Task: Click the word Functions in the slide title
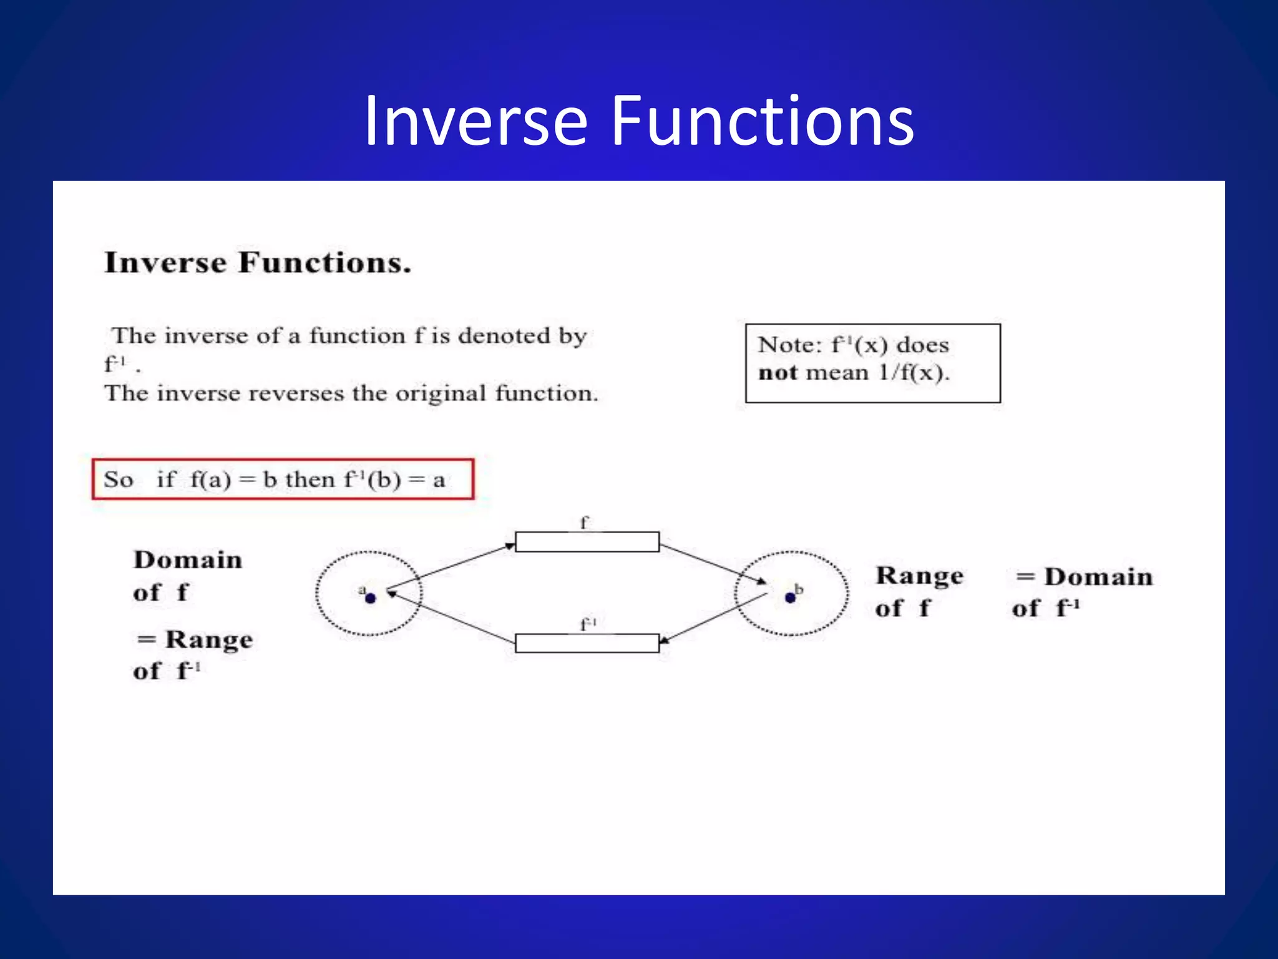tap(762, 122)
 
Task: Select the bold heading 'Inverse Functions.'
tap(258, 263)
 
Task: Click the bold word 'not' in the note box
tap(778, 373)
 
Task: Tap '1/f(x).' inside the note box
tap(914, 373)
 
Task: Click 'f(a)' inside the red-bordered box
tap(211, 480)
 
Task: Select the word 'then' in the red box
tap(310, 479)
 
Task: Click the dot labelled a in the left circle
tap(370, 598)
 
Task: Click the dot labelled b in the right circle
tap(790, 598)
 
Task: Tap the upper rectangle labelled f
tap(587, 542)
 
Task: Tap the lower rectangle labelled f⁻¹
tap(587, 643)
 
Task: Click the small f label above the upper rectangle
tap(583, 523)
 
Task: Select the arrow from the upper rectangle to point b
tap(713, 564)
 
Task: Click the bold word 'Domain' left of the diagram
tap(188, 560)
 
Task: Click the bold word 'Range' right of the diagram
tap(919, 576)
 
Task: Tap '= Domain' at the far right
tap(1085, 577)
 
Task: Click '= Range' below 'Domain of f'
tap(195, 640)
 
